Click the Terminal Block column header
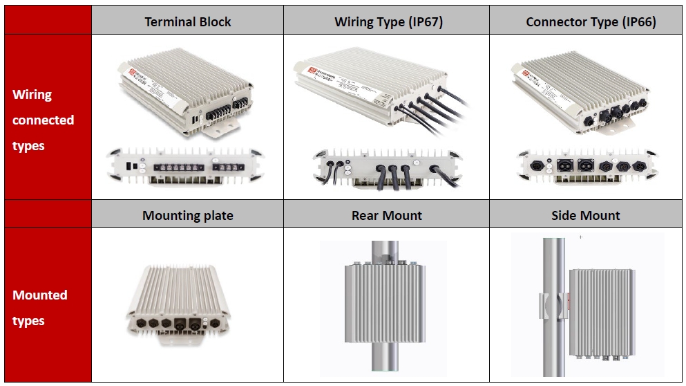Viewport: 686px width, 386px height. pyautogui.click(x=187, y=21)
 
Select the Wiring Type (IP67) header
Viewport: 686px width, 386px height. pyautogui.click(x=388, y=21)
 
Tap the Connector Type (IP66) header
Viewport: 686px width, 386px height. pyautogui.click(x=590, y=21)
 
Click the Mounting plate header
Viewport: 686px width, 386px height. pyautogui.click(x=187, y=215)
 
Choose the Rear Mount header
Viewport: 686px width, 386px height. pyautogui.click(x=386, y=215)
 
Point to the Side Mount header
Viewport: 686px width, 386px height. pyautogui.click(x=585, y=215)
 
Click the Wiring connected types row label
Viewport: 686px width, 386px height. pyautogui.click(x=43, y=120)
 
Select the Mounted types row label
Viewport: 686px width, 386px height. pyautogui.click(x=39, y=308)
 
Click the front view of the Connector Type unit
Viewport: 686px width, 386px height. pyautogui.click(x=587, y=167)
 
